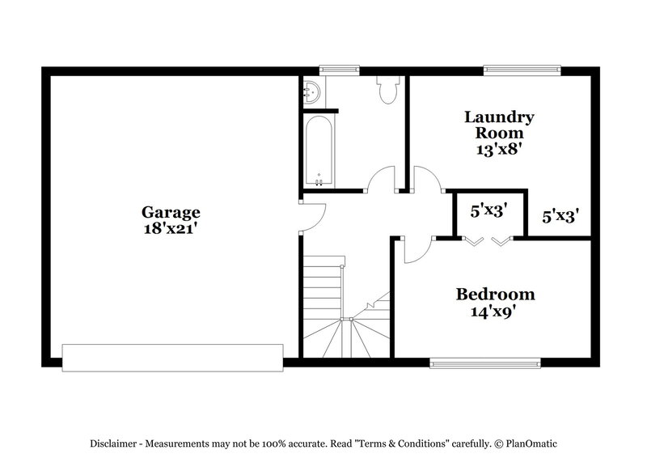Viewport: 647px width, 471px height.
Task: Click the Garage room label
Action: pos(171,213)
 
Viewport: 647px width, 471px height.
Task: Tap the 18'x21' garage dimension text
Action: pos(171,229)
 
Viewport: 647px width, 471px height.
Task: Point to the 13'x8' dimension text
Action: pos(498,149)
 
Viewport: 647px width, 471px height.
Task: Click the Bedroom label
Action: pos(495,294)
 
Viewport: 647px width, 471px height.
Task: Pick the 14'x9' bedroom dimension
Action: pos(495,310)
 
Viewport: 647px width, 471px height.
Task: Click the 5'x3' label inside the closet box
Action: pos(488,212)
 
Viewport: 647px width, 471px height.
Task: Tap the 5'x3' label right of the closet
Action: pos(560,216)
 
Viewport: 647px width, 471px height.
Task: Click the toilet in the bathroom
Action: pos(387,89)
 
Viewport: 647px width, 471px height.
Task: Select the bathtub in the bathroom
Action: pos(319,152)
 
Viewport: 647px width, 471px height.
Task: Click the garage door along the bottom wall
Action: pos(173,357)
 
